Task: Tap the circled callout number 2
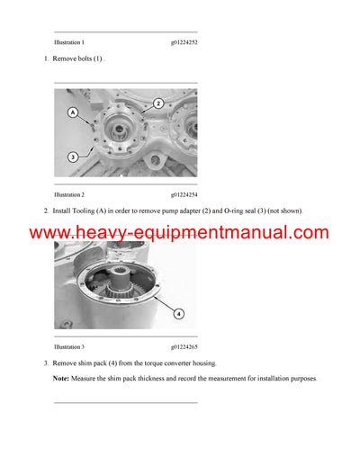(157, 103)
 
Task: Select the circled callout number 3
(71, 157)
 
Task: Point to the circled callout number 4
(178, 314)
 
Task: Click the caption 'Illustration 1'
(69, 42)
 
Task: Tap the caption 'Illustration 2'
(69, 194)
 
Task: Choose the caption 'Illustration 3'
(69, 346)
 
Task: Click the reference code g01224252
(184, 42)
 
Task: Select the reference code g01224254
(184, 194)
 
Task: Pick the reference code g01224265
(184, 346)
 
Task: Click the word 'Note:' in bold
(62, 379)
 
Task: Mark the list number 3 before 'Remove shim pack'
(45, 363)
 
